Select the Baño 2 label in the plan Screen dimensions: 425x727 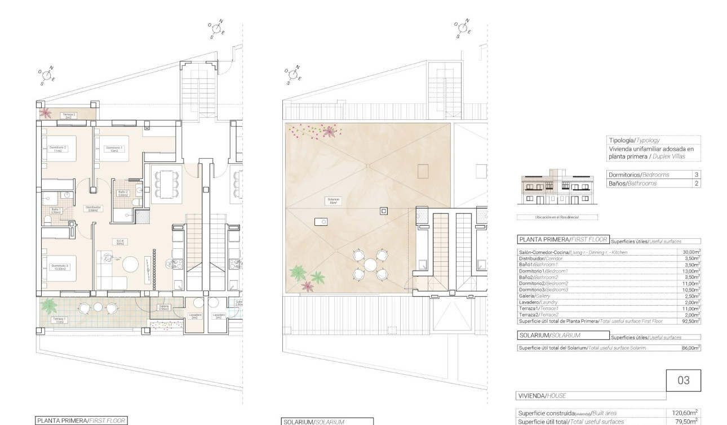[x=122, y=193]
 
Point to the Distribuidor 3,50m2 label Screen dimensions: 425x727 [x=92, y=208]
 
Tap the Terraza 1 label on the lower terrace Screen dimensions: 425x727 [x=59, y=320]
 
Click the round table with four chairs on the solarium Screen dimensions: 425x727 [x=370, y=265]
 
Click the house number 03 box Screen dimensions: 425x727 [x=683, y=381]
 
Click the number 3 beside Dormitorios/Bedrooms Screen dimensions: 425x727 [x=697, y=175]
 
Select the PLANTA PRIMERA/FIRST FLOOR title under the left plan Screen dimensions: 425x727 [x=81, y=420]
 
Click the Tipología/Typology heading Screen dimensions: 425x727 [x=634, y=140]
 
